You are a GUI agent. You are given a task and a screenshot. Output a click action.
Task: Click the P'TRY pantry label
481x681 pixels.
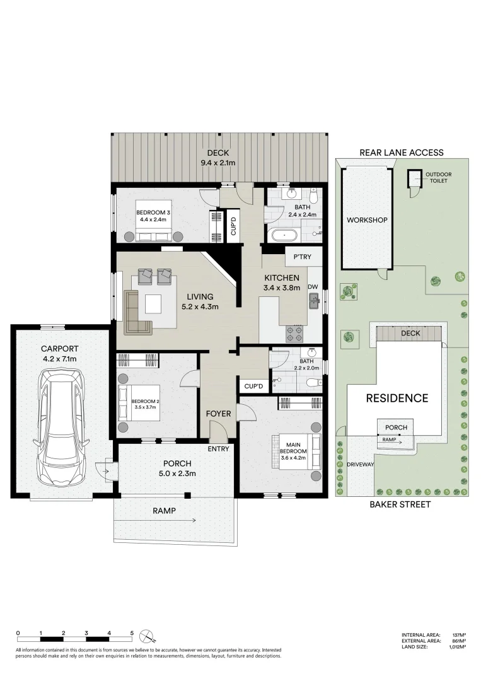[303, 257]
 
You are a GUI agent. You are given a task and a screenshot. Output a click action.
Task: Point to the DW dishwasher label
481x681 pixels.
[313, 287]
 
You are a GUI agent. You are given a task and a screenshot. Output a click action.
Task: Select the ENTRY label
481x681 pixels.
[219, 449]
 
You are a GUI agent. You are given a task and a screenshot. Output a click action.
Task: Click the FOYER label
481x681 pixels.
[218, 414]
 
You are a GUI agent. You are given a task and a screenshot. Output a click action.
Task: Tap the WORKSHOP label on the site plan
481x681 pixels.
[367, 220]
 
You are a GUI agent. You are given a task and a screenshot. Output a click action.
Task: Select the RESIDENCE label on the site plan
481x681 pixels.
[397, 398]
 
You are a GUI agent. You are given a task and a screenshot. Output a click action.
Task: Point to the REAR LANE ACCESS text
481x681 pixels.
[401, 152]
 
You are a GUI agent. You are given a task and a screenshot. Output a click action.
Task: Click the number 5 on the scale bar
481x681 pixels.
[132, 632]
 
